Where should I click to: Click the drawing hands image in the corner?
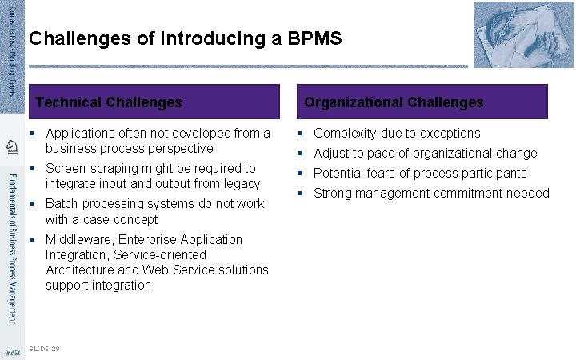pyautogui.click(x=523, y=34)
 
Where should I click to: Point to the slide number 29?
pyautogui.click(x=55, y=349)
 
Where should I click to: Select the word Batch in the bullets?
pyautogui.click(x=62, y=204)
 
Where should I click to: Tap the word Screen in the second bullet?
pyautogui.click(x=66, y=169)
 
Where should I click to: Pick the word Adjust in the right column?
pyautogui.click(x=331, y=154)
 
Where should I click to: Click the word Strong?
pyautogui.click(x=333, y=194)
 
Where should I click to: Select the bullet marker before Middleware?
pyautogui.click(x=31, y=239)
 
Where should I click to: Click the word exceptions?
pyautogui.click(x=450, y=134)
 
